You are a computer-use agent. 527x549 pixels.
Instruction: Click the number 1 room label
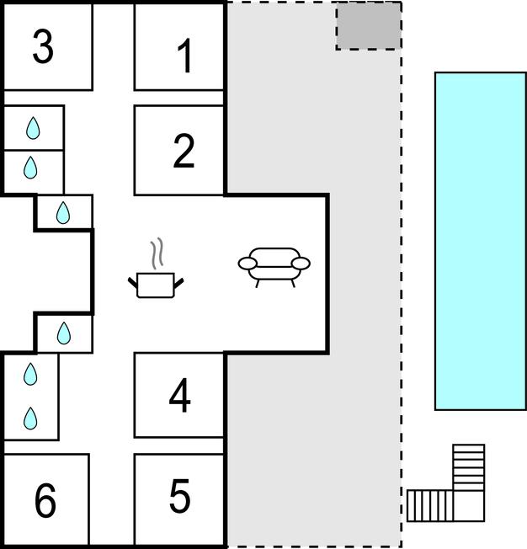pos(184,56)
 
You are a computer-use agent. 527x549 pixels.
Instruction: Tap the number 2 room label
pos(184,151)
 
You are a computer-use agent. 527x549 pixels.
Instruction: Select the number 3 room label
pos(43,47)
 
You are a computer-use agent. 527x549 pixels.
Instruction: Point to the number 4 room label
pos(179,397)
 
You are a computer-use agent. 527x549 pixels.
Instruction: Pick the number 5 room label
pos(179,497)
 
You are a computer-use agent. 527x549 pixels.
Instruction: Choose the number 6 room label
pos(45,501)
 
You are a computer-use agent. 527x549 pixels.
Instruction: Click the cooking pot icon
pos(156,285)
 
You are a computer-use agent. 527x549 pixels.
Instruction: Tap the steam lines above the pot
pos(156,253)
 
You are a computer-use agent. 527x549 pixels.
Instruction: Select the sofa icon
pos(274,264)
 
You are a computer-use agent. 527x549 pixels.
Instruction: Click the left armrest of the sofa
pos(248,264)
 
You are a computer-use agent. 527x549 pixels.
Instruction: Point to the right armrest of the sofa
pos(301,264)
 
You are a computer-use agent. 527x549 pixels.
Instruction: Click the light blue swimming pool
pos(480,240)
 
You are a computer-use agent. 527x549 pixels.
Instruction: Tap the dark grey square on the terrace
pos(368,26)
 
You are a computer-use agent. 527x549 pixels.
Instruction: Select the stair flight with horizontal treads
pos(469,466)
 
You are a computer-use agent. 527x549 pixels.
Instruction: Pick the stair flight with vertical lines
pos(429,505)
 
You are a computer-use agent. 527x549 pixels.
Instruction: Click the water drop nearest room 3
pos(33,128)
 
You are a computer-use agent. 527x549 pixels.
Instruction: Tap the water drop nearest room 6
pos(30,417)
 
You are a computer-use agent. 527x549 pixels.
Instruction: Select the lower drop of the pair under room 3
pos(30,168)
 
